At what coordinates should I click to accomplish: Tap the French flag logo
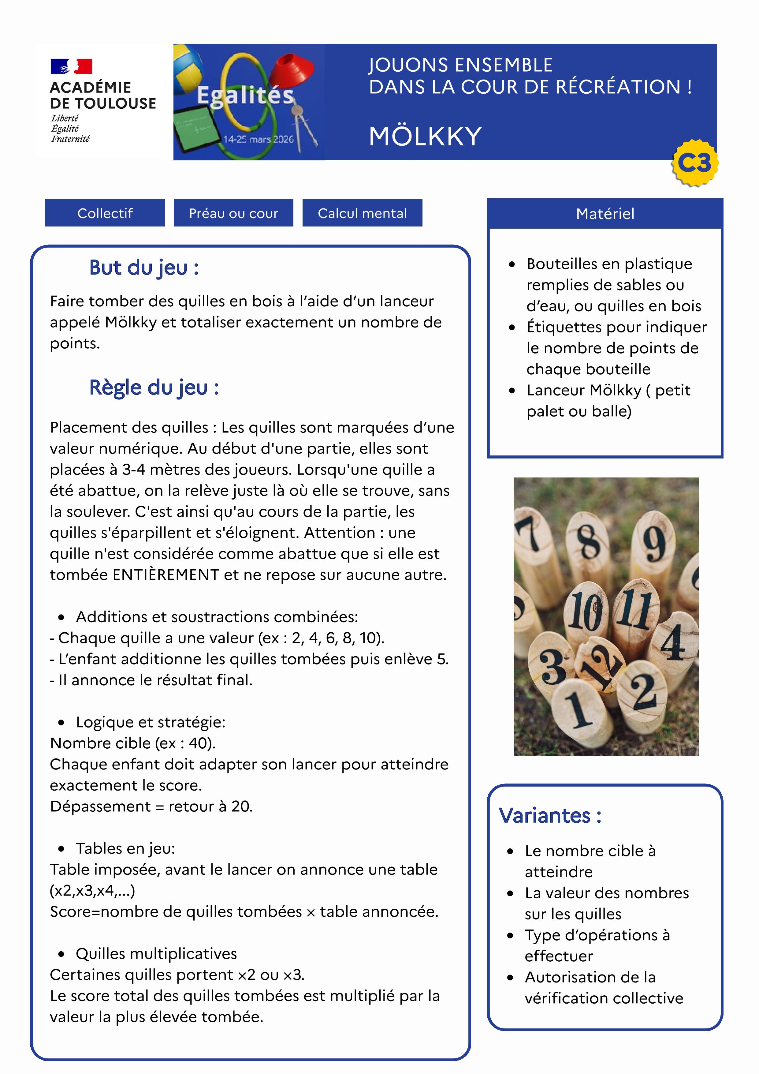71,66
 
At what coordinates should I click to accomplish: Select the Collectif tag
105,213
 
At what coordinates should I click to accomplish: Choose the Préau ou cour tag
233,213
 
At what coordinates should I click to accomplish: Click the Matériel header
605,214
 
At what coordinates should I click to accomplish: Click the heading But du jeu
143,268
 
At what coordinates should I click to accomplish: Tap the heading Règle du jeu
154,388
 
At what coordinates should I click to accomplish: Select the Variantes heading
550,815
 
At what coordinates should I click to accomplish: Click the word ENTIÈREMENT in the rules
166,575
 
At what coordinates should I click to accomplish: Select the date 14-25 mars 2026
258,139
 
